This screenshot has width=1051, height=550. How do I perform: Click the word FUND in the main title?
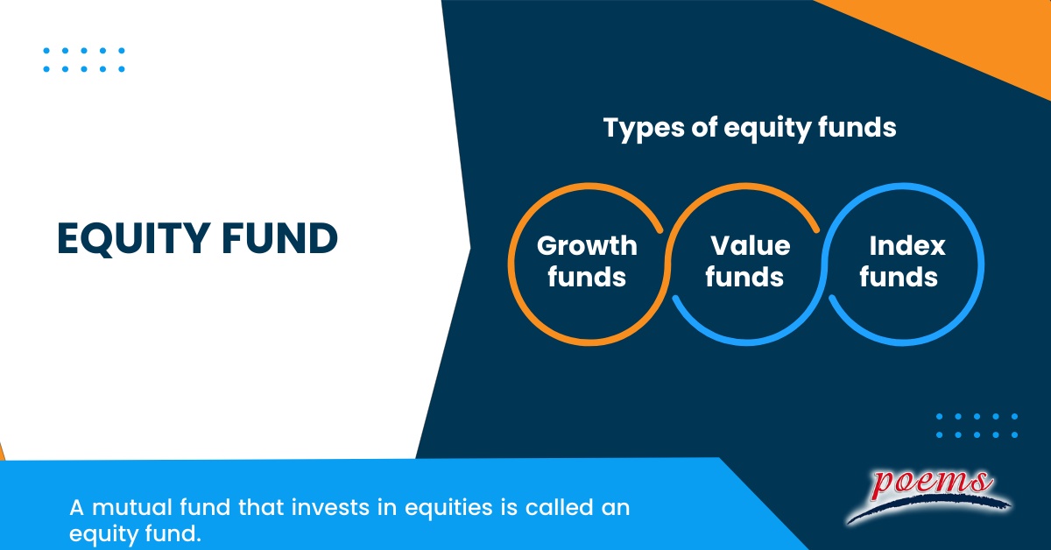pyautogui.click(x=289, y=239)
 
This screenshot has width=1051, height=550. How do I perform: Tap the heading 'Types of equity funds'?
pyautogui.click(x=750, y=128)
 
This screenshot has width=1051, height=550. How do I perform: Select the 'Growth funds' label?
pyautogui.click(x=587, y=261)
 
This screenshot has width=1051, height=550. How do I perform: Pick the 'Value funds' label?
pyautogui.click(x=746, y=261)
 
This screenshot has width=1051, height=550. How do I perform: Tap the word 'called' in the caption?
pyautogui.click(x=552, y=508)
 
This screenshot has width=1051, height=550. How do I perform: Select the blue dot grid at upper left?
pyautogui.click(x=84, y=60)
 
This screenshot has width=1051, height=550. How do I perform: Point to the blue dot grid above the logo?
pyautogui.click(x=977, y=426)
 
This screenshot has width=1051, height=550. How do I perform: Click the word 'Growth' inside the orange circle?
pyautogui.click(x=587, y=245)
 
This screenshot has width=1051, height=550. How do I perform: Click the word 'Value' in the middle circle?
pyautogui.click(x=750, y=245)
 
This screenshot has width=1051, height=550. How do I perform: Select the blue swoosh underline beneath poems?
pyautogui.click(x=928, y=508)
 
